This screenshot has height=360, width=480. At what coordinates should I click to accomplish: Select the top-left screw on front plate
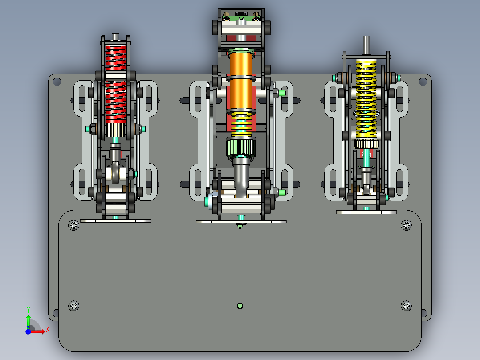(x=73, y=225)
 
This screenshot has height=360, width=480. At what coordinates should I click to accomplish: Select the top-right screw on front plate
(x=406, y=225)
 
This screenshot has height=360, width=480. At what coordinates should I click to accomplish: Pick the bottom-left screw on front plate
(x=73, y=306)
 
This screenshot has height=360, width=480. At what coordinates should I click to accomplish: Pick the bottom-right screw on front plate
(x=406, y=306)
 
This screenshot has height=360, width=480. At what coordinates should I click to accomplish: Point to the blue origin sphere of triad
(x=28, y=331)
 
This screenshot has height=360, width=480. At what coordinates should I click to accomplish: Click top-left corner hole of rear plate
(x=57, y=82)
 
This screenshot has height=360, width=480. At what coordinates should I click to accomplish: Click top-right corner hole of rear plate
(x=423, y=82)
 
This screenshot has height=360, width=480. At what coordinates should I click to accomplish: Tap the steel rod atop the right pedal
(x=366, y=45)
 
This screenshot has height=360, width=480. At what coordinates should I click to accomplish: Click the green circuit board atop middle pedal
(x=240, y=18)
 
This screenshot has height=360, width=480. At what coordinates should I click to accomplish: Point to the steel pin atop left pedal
(x=115, y=36)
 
